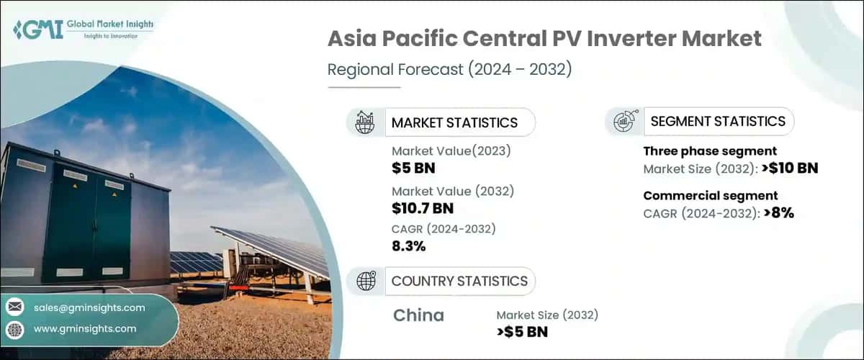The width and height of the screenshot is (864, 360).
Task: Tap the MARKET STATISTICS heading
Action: pyautogui.click(x=454, y=122)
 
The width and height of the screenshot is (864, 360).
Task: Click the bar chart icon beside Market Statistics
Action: pyautogui.click(x=365, y=122)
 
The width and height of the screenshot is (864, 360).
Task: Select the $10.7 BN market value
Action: pyautogui.click(x=423, y=208)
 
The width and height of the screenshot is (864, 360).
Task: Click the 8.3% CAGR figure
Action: pyautogui.click(x=409, y=246)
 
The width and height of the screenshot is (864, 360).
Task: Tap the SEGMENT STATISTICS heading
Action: pyautogui.click(x=718, y=122)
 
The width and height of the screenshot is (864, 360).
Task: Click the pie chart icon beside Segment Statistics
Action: pyautogui.click(x=624, y=122)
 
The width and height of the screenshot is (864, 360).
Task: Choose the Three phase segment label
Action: pyautogui.click(x=709, y=151)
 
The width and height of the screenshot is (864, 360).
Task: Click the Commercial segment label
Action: pyautogui.click(x=710, y=196)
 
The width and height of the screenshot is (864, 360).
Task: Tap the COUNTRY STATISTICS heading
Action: pyautogui.click(x=459, y=281)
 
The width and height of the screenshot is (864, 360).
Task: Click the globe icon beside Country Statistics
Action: pyautogui.click(x=366, y=281)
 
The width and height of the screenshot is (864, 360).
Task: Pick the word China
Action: pyautogui.click(x=419, y=315)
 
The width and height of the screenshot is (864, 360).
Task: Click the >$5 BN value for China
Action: pyautogui.click(x=522, y=332)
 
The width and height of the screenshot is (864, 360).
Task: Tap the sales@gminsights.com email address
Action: pyautogui.click(x=89, y=307)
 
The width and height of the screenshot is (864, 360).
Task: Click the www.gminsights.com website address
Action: pyautogui.click(x=85, y=328)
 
